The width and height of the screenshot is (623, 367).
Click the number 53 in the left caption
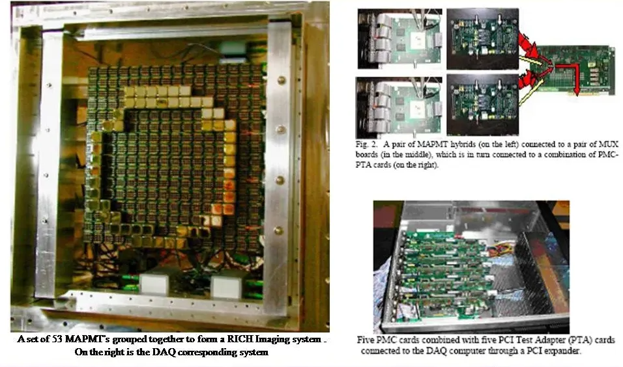tap(57, 339)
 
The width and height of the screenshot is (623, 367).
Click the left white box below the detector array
tap(154, 283)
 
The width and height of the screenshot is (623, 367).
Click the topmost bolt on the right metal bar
tap(282, 81)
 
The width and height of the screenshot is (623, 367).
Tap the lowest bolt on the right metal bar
tap(279, 230)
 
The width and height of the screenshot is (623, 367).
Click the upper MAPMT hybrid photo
tap(399, 38)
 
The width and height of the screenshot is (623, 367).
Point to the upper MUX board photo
tap(482, 39)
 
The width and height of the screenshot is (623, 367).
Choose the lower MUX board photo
tap(482, 105)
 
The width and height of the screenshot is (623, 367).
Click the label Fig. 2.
tap(366, 144)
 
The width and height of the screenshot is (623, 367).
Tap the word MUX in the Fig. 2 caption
tap(609, 144)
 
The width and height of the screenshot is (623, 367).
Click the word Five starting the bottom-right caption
tap(365, 340)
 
